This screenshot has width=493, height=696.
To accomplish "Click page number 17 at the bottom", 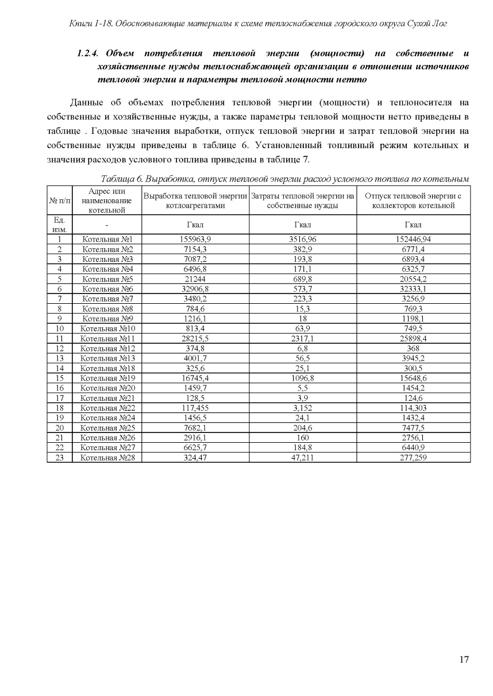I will coord(464,659).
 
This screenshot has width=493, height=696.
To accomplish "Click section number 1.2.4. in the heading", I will coord(90,54).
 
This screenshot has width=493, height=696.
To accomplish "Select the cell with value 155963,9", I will coord(195,239).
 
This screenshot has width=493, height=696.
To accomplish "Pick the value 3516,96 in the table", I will coord(303,239).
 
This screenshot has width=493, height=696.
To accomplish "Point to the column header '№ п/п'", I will coord(59,200).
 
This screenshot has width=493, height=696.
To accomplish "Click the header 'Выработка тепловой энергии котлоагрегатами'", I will coord(195,200).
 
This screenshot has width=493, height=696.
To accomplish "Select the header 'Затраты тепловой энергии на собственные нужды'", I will coord(303,200).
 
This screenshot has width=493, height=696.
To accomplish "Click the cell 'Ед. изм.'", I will coord(59,225).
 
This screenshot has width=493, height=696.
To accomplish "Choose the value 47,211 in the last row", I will coord(303,458).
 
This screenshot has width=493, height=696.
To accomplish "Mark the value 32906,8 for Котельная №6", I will coord(195,289).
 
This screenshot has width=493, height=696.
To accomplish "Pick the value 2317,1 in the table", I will coord(303,339).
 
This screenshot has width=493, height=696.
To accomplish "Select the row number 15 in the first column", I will coord(59,378).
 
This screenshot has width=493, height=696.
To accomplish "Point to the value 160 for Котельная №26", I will coord(303,438).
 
